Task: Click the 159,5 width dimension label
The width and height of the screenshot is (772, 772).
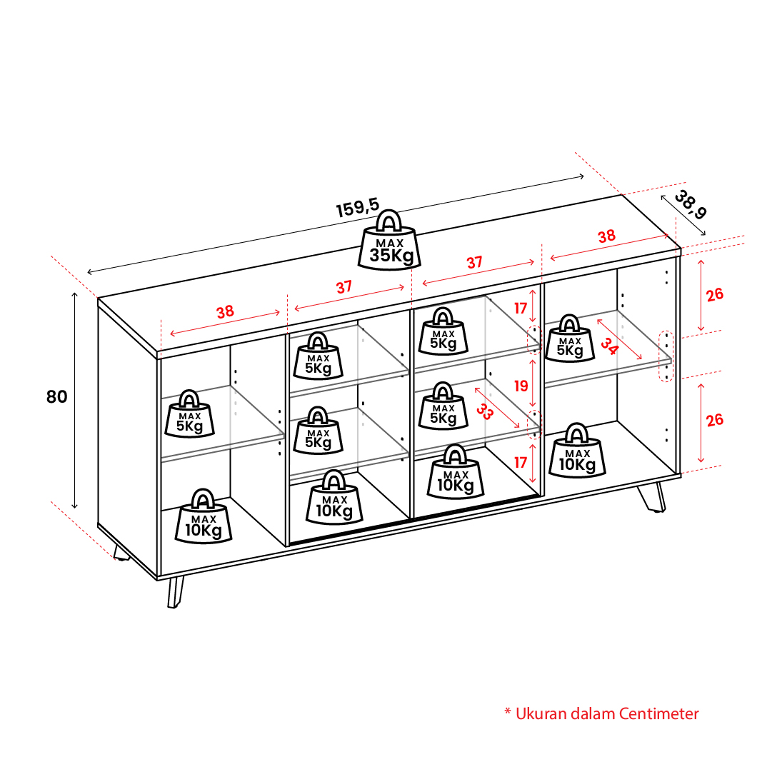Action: tap(358, 207)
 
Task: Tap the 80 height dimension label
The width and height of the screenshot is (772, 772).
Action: tap(56, 397)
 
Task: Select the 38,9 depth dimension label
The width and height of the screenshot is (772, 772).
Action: tap(691, 204)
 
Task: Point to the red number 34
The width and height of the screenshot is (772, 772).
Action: tap(609, 346)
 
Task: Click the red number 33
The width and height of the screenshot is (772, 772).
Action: tap(484, 411)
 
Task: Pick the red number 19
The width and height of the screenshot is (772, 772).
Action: tap(521, 386)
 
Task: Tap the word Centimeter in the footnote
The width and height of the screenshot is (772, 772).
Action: tap(658, 713)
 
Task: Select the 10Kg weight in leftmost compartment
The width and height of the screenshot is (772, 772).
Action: tap(204, 516)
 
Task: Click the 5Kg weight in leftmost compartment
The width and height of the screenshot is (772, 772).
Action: tap(189, 414)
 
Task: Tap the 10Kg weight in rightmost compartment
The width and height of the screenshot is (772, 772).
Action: tap(577, 451)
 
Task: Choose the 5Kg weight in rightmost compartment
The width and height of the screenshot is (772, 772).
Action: tap(570, 339)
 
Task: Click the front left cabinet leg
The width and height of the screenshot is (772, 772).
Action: tap(175, 592)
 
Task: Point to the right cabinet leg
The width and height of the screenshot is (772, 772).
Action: tap(652, 497)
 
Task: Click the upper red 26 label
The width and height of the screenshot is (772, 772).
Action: tap(715, 295)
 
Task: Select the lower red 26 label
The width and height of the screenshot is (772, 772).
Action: tap(715, 420)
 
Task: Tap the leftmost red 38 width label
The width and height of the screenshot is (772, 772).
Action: tap(225, 311)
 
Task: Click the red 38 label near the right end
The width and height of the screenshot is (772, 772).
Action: tap(606, 236)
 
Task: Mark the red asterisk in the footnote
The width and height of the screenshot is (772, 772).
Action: tap(508, 711)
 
